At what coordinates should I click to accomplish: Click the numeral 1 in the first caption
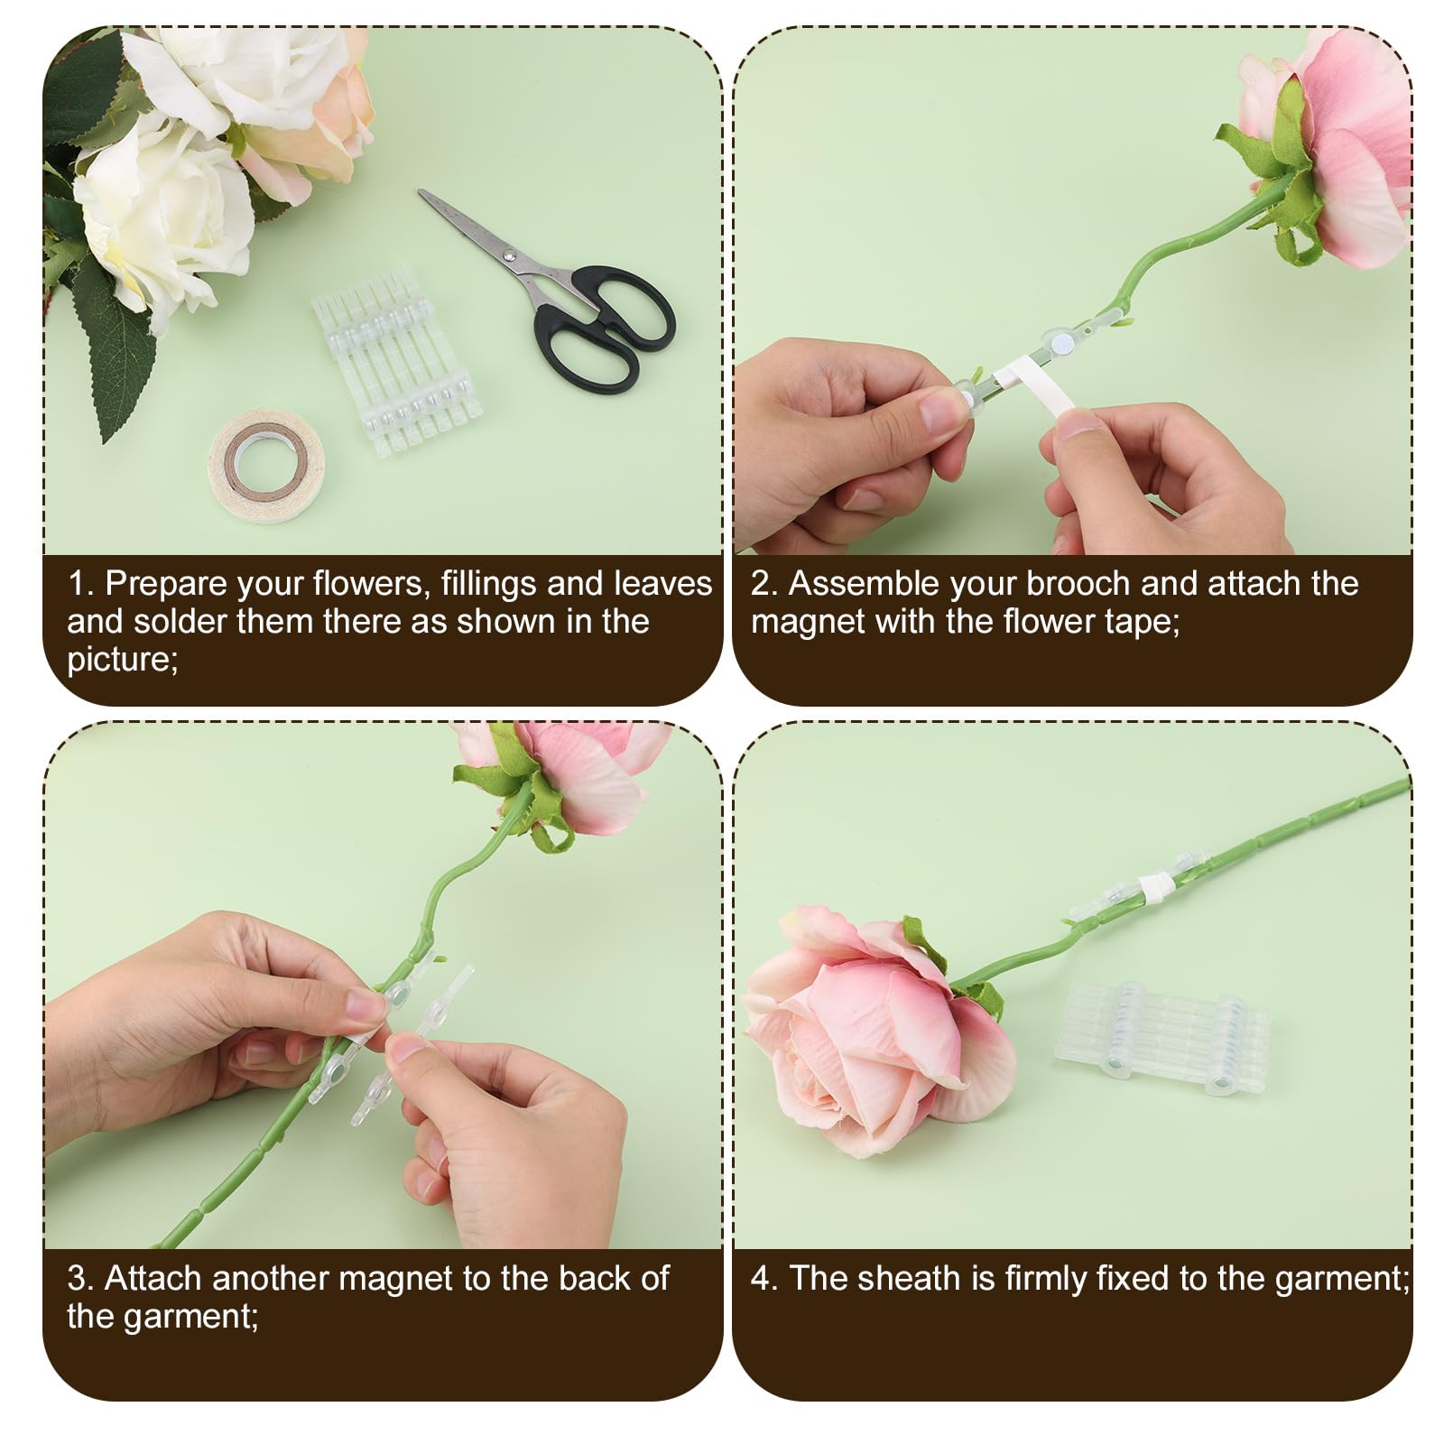(x=78, y=584)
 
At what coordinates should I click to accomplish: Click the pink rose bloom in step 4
(x=880, y=1029)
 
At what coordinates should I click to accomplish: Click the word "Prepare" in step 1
(x=165, y=585)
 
